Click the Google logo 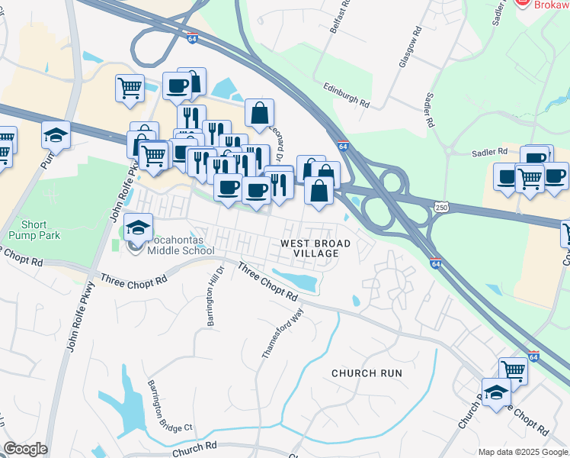(x=25, y=449)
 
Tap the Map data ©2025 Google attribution (x=522, y=452)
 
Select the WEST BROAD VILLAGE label (x=315, y=248)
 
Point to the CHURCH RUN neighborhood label (x=366, y=373)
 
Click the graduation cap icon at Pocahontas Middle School (x=138, y=227)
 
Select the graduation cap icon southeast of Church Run (x=496, y=392)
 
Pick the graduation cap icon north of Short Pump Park (x=56, y=134)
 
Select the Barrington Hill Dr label (x=213, y=296)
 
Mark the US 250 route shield (x=442, y=207)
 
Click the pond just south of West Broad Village (x=297, y=280)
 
